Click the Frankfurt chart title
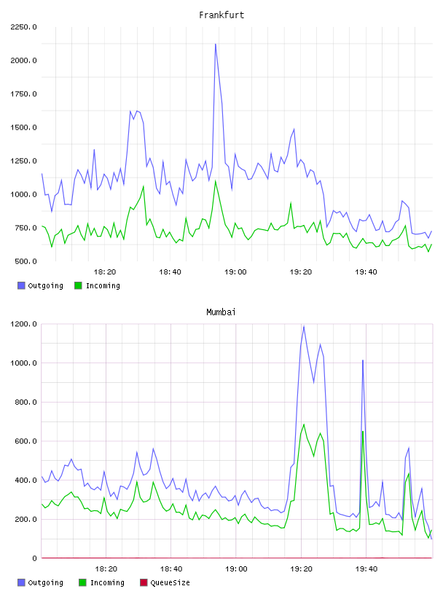pos(221,15)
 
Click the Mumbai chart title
pos(221,312)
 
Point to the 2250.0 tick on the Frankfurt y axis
pos(23,27)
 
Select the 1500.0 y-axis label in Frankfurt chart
pos(23,127)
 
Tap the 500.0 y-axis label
pos(26,261)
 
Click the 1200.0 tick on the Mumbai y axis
pos(23,324)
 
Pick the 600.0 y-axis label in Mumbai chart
pos(26,441)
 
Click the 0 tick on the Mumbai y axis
pos(34,558)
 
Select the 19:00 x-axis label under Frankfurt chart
pos(235,272)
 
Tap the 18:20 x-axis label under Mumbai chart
pos(106,569)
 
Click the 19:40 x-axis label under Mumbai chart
pos(366,569)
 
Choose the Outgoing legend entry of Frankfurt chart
pos(41,285)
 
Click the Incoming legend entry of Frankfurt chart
pos(98,285)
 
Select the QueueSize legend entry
pos(165,582)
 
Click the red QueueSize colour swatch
pos(144,582)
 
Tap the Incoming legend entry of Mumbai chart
pos(102,582)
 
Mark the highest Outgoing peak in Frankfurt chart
pos(216,44)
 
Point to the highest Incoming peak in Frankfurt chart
pos(216,181)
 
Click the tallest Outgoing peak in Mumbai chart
pos(304,326)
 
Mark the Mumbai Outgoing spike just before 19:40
pos(363,360)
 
